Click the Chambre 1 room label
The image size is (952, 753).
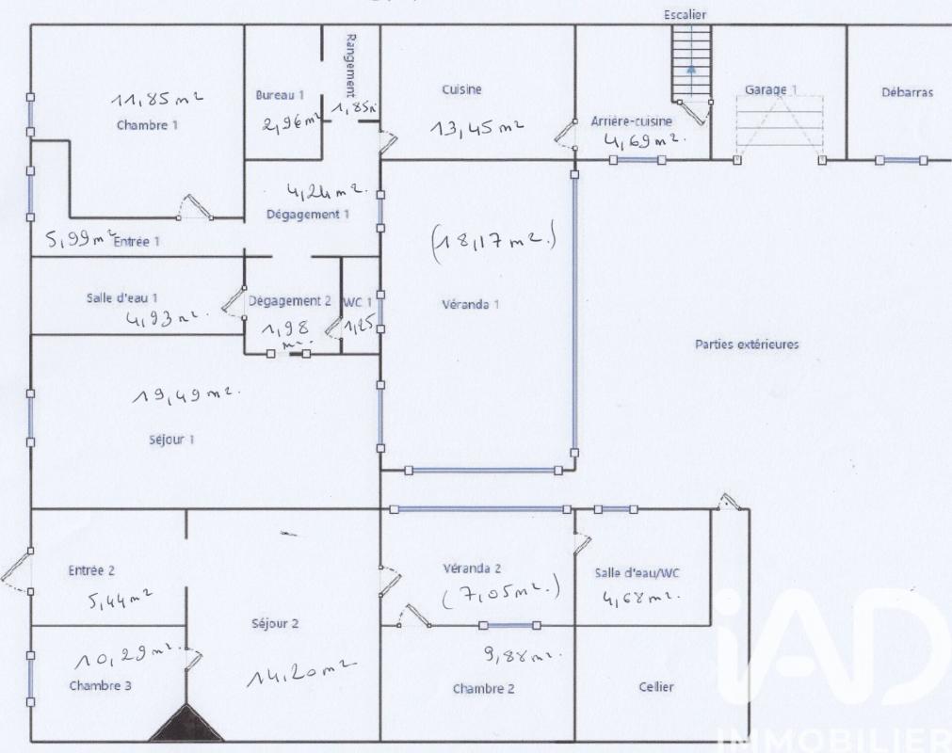click(x=146, y=124)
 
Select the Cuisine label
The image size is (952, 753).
click(x=461, y=89)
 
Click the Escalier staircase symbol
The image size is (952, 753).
click(x=690, y=64)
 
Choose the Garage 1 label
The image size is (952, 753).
click(x=770, y=89)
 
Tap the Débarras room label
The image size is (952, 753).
click(x=907, y=93)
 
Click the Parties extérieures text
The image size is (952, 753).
click(x=747, y=344)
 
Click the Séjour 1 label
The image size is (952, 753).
click(x=171, y=440)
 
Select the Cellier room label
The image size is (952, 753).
click(x=655, y=687)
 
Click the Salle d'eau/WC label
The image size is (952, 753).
click(x=637, y=573)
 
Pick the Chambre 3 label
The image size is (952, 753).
click(x=100, y=685)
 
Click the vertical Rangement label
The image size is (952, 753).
click(x=351, y=66)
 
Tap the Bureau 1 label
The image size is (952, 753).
click(x=280, y=95)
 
